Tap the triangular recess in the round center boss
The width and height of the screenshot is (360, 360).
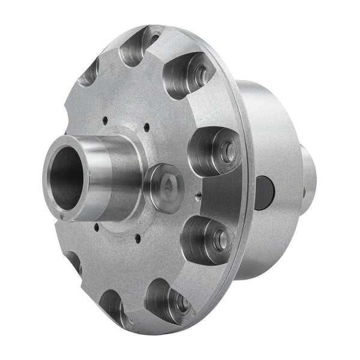coord(166,187)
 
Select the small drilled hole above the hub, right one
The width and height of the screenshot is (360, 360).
coord(146,127)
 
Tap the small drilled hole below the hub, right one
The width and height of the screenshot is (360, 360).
coord(137,239)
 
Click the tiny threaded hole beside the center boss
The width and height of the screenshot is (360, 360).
coord(196,193)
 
